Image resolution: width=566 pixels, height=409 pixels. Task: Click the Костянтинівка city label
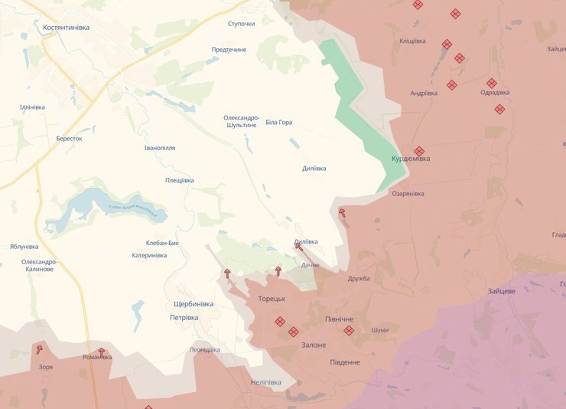click(66, 27)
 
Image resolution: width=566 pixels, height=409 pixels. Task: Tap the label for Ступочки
click(241, 24)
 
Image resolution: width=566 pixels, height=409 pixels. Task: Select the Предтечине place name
click(229, 50)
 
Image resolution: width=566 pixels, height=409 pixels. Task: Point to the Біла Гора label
click(278, 123)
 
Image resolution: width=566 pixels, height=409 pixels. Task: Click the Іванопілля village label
click(160, 147)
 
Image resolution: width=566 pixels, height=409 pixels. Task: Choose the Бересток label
click(69, 139)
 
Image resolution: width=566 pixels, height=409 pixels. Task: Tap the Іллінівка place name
click(32, 107)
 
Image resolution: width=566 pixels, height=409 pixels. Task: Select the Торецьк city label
click(272, 298)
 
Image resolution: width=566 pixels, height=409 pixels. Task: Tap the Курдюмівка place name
click(411, 159)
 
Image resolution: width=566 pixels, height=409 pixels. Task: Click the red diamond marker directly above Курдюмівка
click(419, 151)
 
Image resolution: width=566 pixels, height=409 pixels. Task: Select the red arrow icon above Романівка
click(101, 352)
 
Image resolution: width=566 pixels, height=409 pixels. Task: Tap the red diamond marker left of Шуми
click(349, 331)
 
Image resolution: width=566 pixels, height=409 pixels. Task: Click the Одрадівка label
click(495, 93)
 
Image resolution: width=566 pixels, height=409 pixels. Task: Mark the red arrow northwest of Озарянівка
click(342, 213)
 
